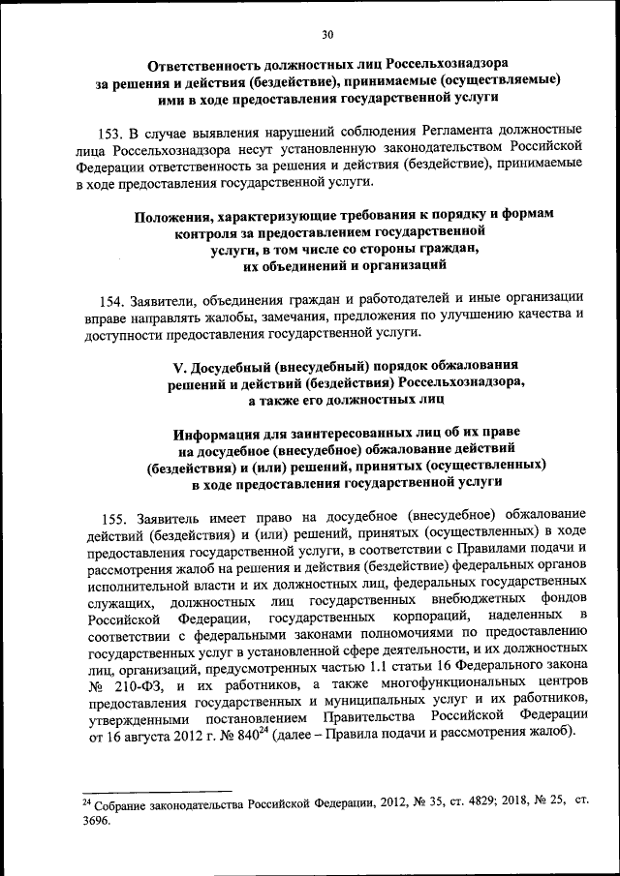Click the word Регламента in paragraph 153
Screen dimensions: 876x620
tap(453, 130)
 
